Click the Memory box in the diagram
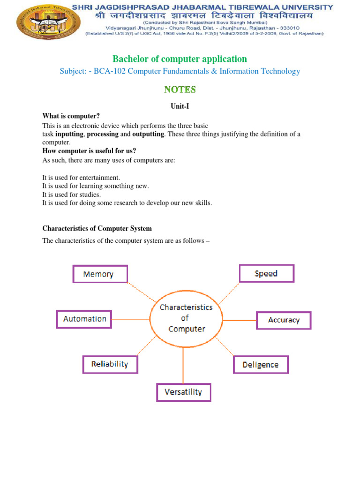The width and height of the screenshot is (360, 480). coord(100,274)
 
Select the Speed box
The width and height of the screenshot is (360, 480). coord(266,273)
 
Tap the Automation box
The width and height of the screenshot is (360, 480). coord(84,319)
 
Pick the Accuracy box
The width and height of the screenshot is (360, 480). coord(283,320)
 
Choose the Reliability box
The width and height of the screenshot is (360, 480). coord(110,364)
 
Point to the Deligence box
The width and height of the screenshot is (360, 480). coord(261,365)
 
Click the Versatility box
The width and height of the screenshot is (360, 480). coord(183,392)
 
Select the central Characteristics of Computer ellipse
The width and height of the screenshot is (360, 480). coord(187,318)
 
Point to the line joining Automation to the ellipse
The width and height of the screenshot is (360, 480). coord(131,319)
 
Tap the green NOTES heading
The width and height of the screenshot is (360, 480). coord(180,89)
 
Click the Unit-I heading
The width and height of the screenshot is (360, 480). coord(180,106)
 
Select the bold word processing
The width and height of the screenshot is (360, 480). coord(102,134)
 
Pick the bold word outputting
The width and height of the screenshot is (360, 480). coord(148,134)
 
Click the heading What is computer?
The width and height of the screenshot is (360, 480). coord(71,116)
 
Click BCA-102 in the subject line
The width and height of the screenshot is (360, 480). coord(110,71)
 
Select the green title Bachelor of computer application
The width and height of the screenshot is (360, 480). coord(180,59)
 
